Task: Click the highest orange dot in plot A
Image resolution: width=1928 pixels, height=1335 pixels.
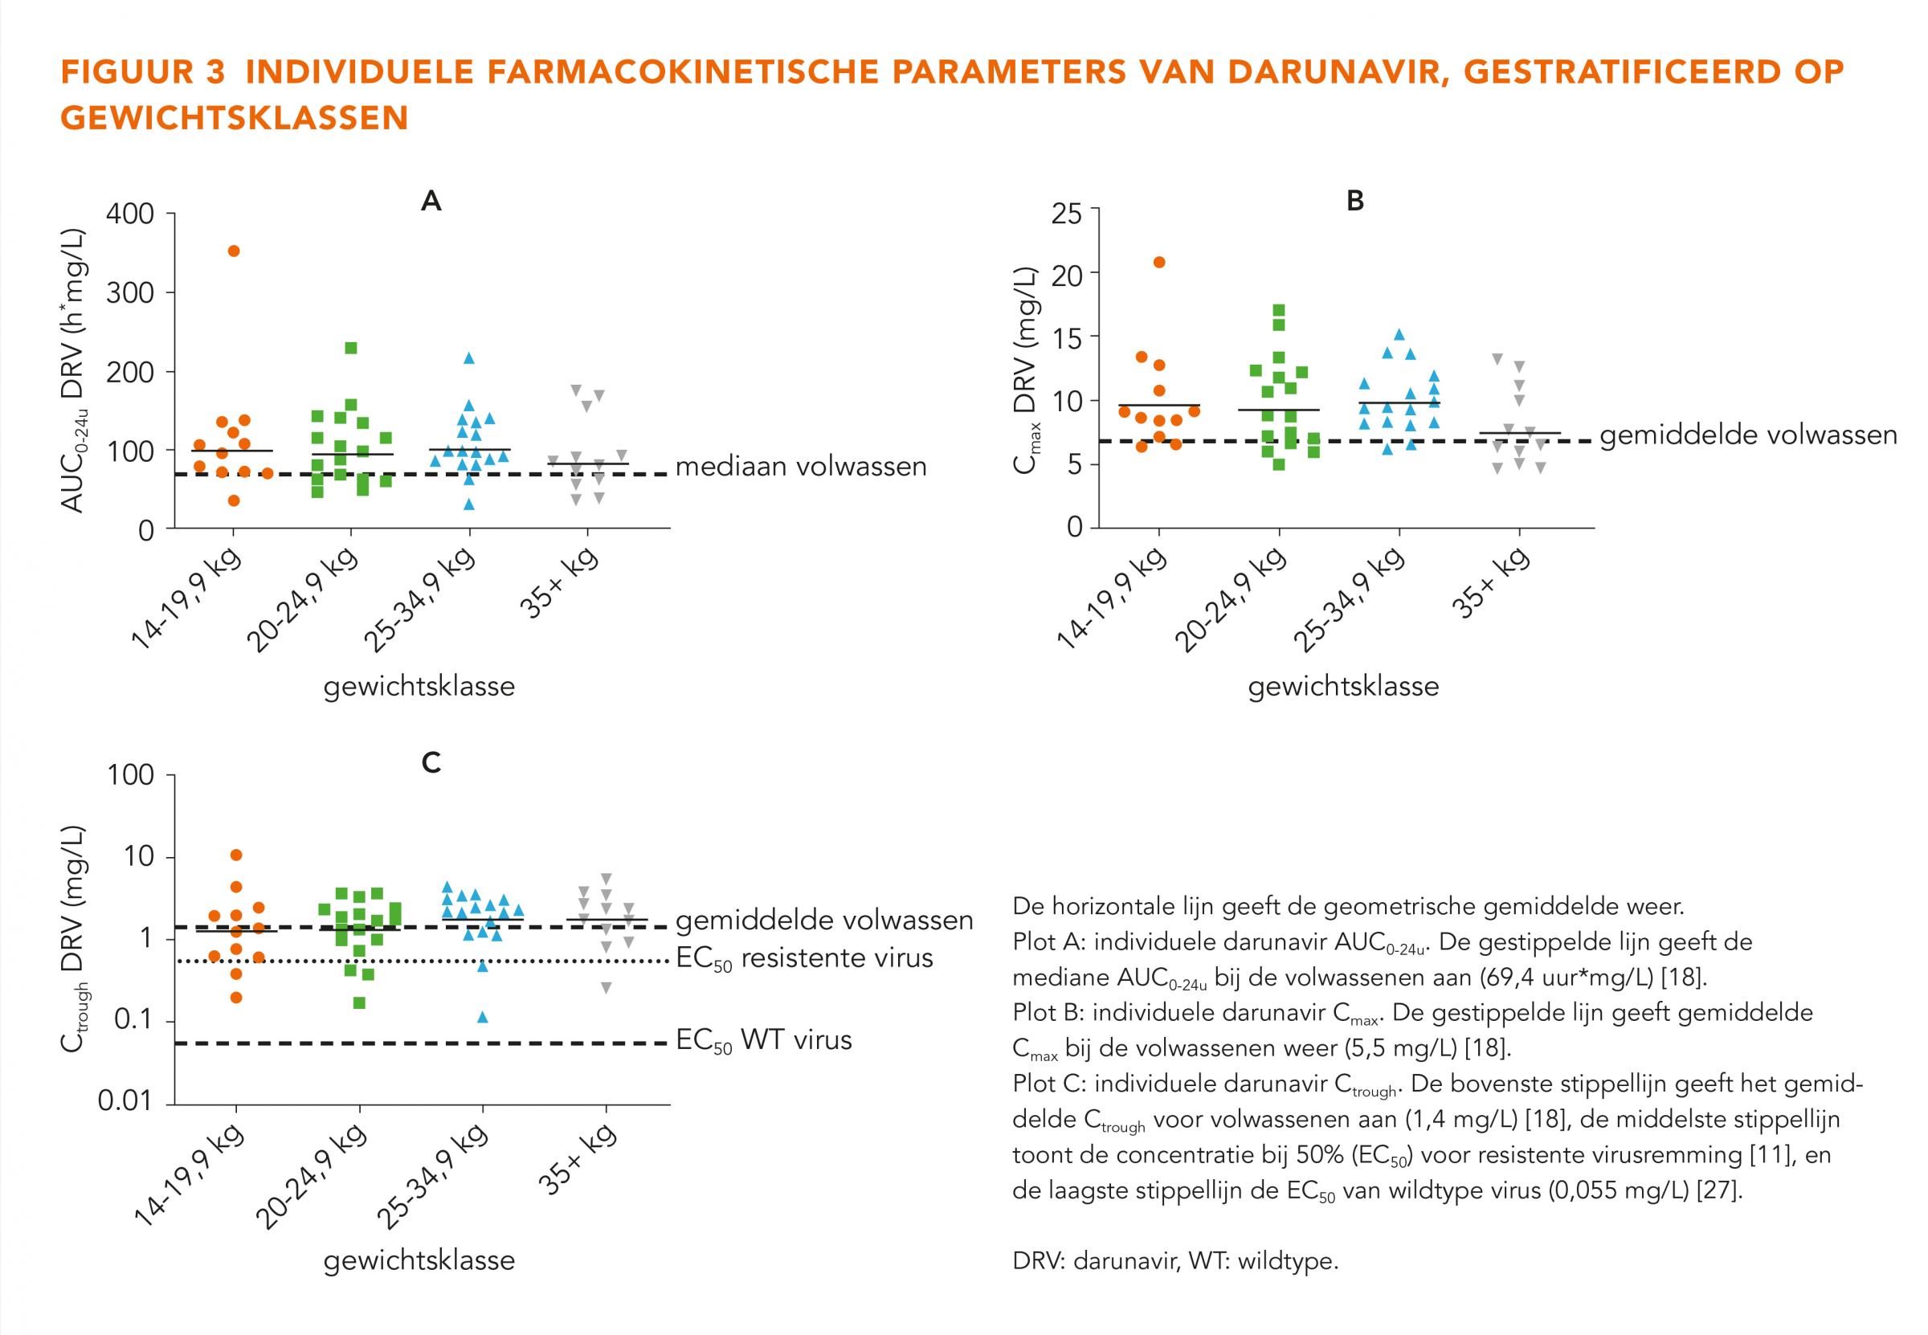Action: pyautogui.click(x=235, y=251)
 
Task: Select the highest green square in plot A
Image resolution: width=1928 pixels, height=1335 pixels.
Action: pyautogui.click(x=351, y=348)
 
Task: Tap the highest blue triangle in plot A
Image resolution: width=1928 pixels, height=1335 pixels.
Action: pyautogui.click(x=469, y=359)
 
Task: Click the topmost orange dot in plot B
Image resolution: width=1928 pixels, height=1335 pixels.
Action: pyautogui.click(x=1159, y=262)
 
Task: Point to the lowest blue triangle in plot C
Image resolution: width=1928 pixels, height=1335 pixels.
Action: pyautogui.click(x=483, y=1018)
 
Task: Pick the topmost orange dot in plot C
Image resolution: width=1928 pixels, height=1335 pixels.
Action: pyautogui.click(x=236, y=855)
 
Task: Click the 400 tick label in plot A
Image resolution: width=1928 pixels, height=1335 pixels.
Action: pyautogui.click(x=129, y=214)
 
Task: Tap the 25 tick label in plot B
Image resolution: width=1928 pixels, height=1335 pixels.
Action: pyautogui.click(x=1066, y=215)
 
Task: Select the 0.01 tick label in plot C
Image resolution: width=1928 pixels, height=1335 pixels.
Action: pyautogui.click(x=126, y=1100)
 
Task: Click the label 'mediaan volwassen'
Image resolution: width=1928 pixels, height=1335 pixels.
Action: pyautogui.click(x=800, y=467)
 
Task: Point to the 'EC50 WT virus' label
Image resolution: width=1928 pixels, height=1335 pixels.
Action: pyautogui.click(x=764, y=1040)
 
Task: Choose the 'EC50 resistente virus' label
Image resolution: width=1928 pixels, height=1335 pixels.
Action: pyautogui.click(x=804, y=958)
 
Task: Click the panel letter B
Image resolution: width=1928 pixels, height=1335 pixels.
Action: pyautogui.click(x=1355, y=201)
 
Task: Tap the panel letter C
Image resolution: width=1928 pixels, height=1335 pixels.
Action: pyautogui.click(x=431, y=763)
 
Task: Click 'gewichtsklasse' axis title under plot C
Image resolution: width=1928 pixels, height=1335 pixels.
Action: pyautogui.click(x=419, y=1259)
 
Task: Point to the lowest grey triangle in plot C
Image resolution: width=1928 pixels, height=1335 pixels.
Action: pyautogui.click(x=607, y=988)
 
